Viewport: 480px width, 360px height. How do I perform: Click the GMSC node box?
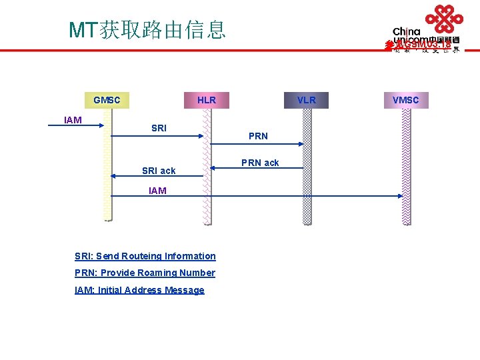point(107,101)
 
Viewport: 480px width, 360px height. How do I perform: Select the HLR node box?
point(207,101)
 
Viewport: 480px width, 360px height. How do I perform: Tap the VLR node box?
point(307,101)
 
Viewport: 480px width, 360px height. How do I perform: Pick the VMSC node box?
point(405,101)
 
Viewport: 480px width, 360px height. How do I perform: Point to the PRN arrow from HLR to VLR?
point(257,144)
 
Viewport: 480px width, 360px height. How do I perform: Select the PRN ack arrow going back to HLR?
point(257,168)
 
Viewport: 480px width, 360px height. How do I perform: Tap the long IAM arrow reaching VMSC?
point(257,196)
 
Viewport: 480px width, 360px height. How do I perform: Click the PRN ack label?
point(260,163)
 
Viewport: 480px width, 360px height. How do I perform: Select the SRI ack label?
point(159,171)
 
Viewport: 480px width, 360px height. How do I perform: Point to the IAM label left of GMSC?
point(73,120)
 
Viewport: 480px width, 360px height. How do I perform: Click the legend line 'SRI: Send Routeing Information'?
point(145,256)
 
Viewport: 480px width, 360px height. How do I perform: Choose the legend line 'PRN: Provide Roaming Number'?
point(145,273)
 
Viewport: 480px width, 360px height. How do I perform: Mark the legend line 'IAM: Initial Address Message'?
point(139,290)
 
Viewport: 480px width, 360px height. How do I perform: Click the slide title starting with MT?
point(147,29)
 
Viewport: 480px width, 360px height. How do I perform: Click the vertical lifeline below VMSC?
point(406,167)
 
